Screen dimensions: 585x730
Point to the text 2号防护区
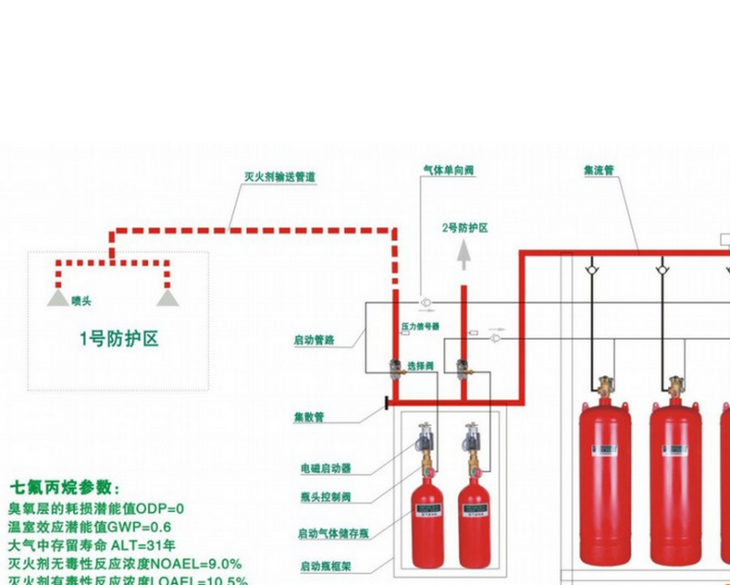coord(464,227)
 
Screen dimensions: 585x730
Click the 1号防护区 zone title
coord(119,340)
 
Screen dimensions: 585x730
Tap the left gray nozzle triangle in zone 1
coord(57,298)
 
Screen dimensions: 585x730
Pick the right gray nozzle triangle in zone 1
coord(165,298)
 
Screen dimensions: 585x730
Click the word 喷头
coord(81,300)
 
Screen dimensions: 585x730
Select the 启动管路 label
coord(314,340)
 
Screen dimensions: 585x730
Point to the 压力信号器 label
coord(420,326)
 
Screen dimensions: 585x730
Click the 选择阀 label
coord(420,365)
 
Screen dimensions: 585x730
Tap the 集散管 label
coord(308,417)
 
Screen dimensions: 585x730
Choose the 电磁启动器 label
coord(325,468)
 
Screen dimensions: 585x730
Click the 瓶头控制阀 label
coord(325,497)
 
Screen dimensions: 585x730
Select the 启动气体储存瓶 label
coord(330,533)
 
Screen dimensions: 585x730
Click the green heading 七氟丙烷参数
coord(65,487)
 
